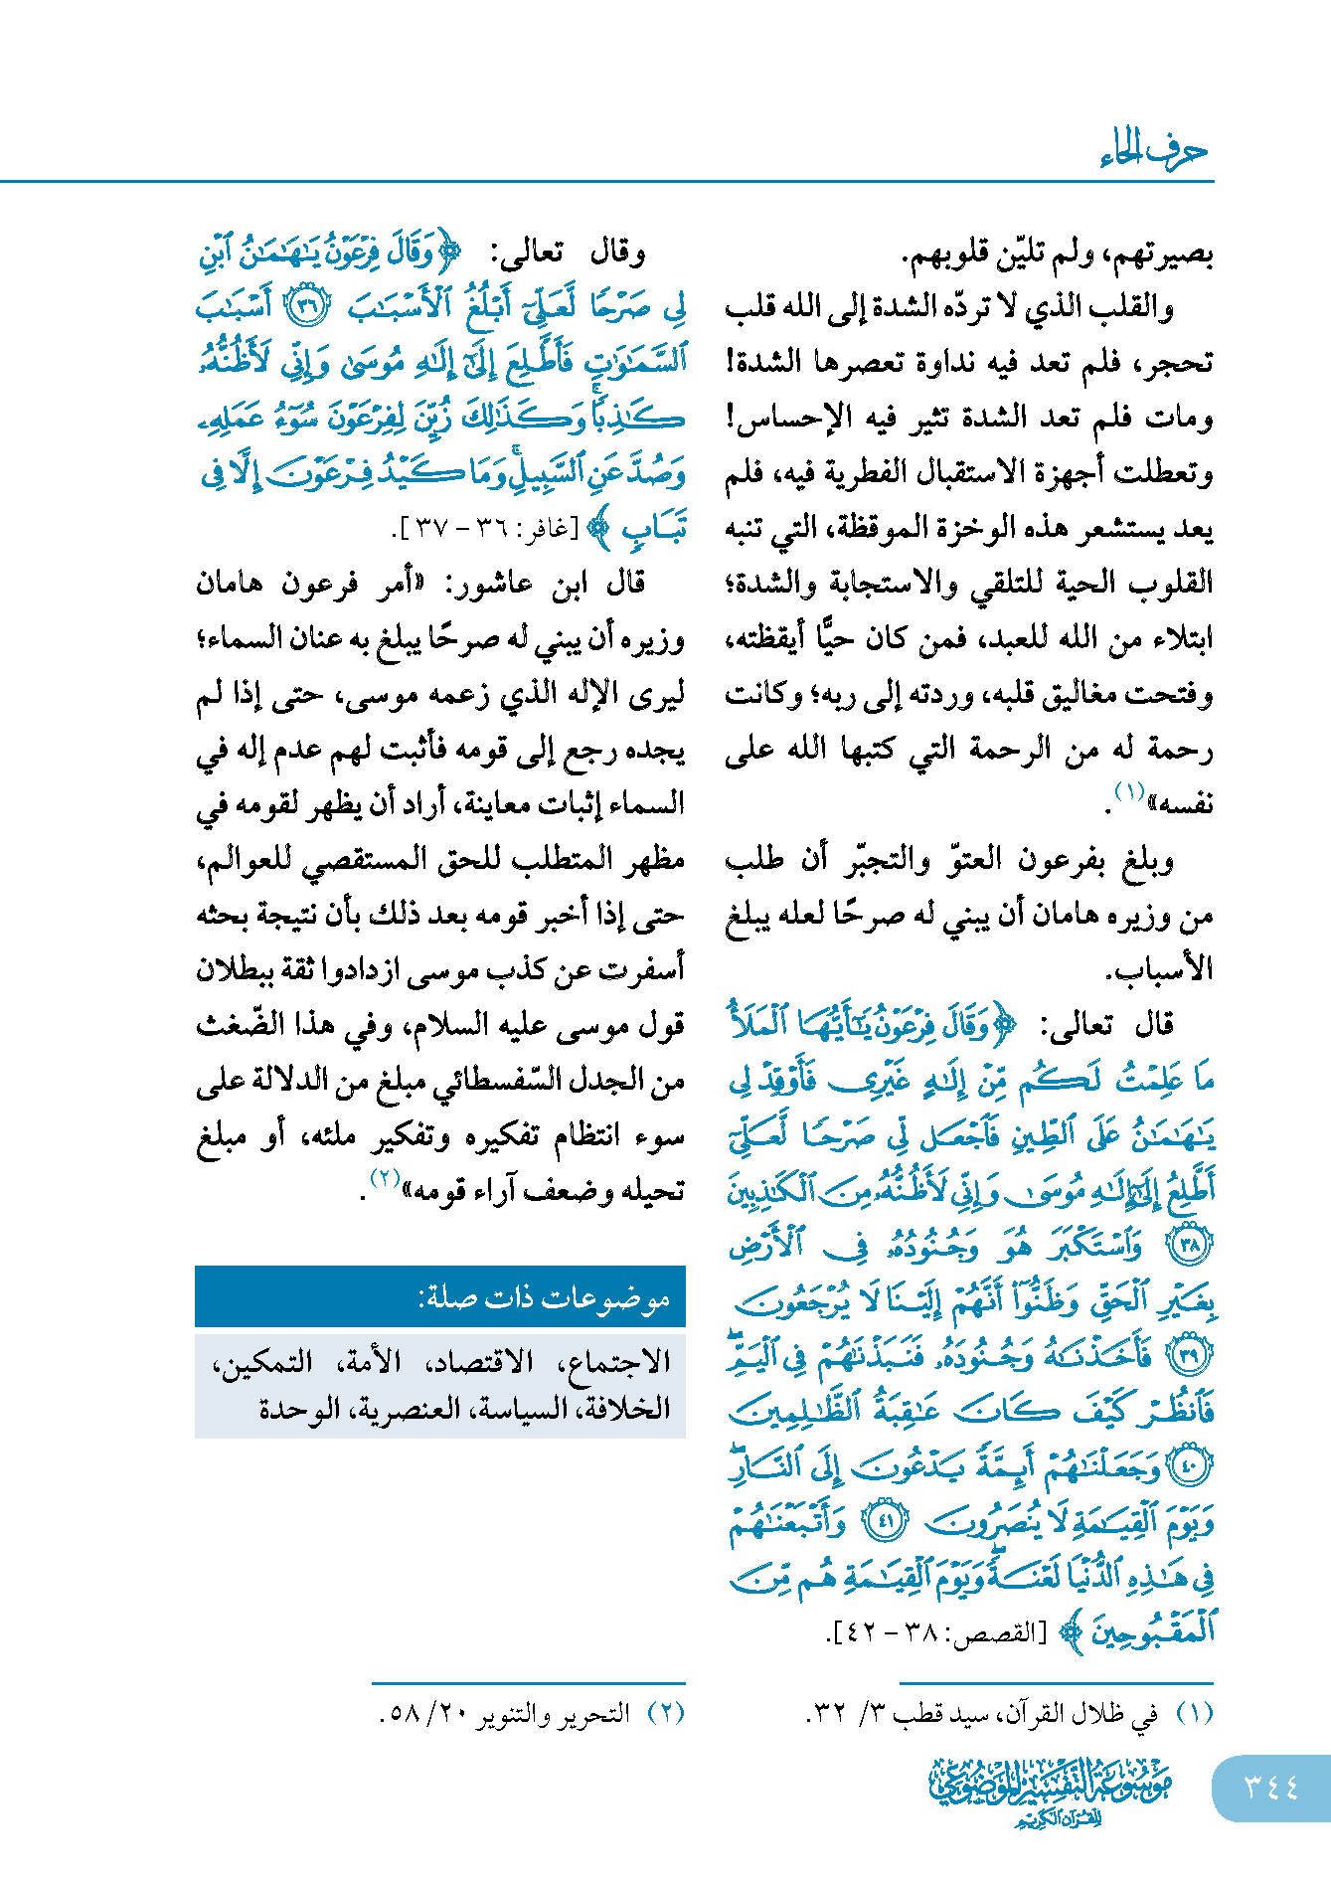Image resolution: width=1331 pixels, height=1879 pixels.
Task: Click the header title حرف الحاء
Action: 1153,151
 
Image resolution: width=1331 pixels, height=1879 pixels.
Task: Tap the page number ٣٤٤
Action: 1271,1788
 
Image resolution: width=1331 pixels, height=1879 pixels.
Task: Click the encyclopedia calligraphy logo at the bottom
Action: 1050,1790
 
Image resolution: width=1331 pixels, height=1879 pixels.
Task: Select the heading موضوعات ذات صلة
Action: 544,1297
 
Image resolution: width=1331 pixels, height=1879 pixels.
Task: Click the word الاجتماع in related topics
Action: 617,1361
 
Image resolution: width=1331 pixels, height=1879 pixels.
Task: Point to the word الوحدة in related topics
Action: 299,1409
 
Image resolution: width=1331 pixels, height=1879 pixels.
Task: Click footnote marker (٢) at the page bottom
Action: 666,1714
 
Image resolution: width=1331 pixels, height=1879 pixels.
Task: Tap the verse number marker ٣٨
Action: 1190,1244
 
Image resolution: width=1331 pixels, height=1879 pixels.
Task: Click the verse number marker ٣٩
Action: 1190,1354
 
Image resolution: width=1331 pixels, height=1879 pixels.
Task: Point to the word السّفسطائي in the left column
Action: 504,1081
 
